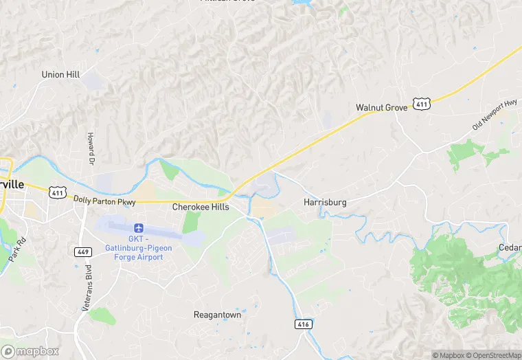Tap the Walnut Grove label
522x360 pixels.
(x=381, y=108)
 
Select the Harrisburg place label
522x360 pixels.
(x=325, y=203)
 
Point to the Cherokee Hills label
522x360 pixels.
(x=201, y=206)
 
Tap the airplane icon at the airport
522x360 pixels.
(x=139, y=227)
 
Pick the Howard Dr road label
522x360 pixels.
(x=91, y=149)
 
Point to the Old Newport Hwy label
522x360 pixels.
(x=495, y=115)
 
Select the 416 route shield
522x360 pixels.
(x=303, y=324)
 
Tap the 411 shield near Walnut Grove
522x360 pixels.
(x=421, y=104)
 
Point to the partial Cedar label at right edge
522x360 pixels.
(x=510, y=248)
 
